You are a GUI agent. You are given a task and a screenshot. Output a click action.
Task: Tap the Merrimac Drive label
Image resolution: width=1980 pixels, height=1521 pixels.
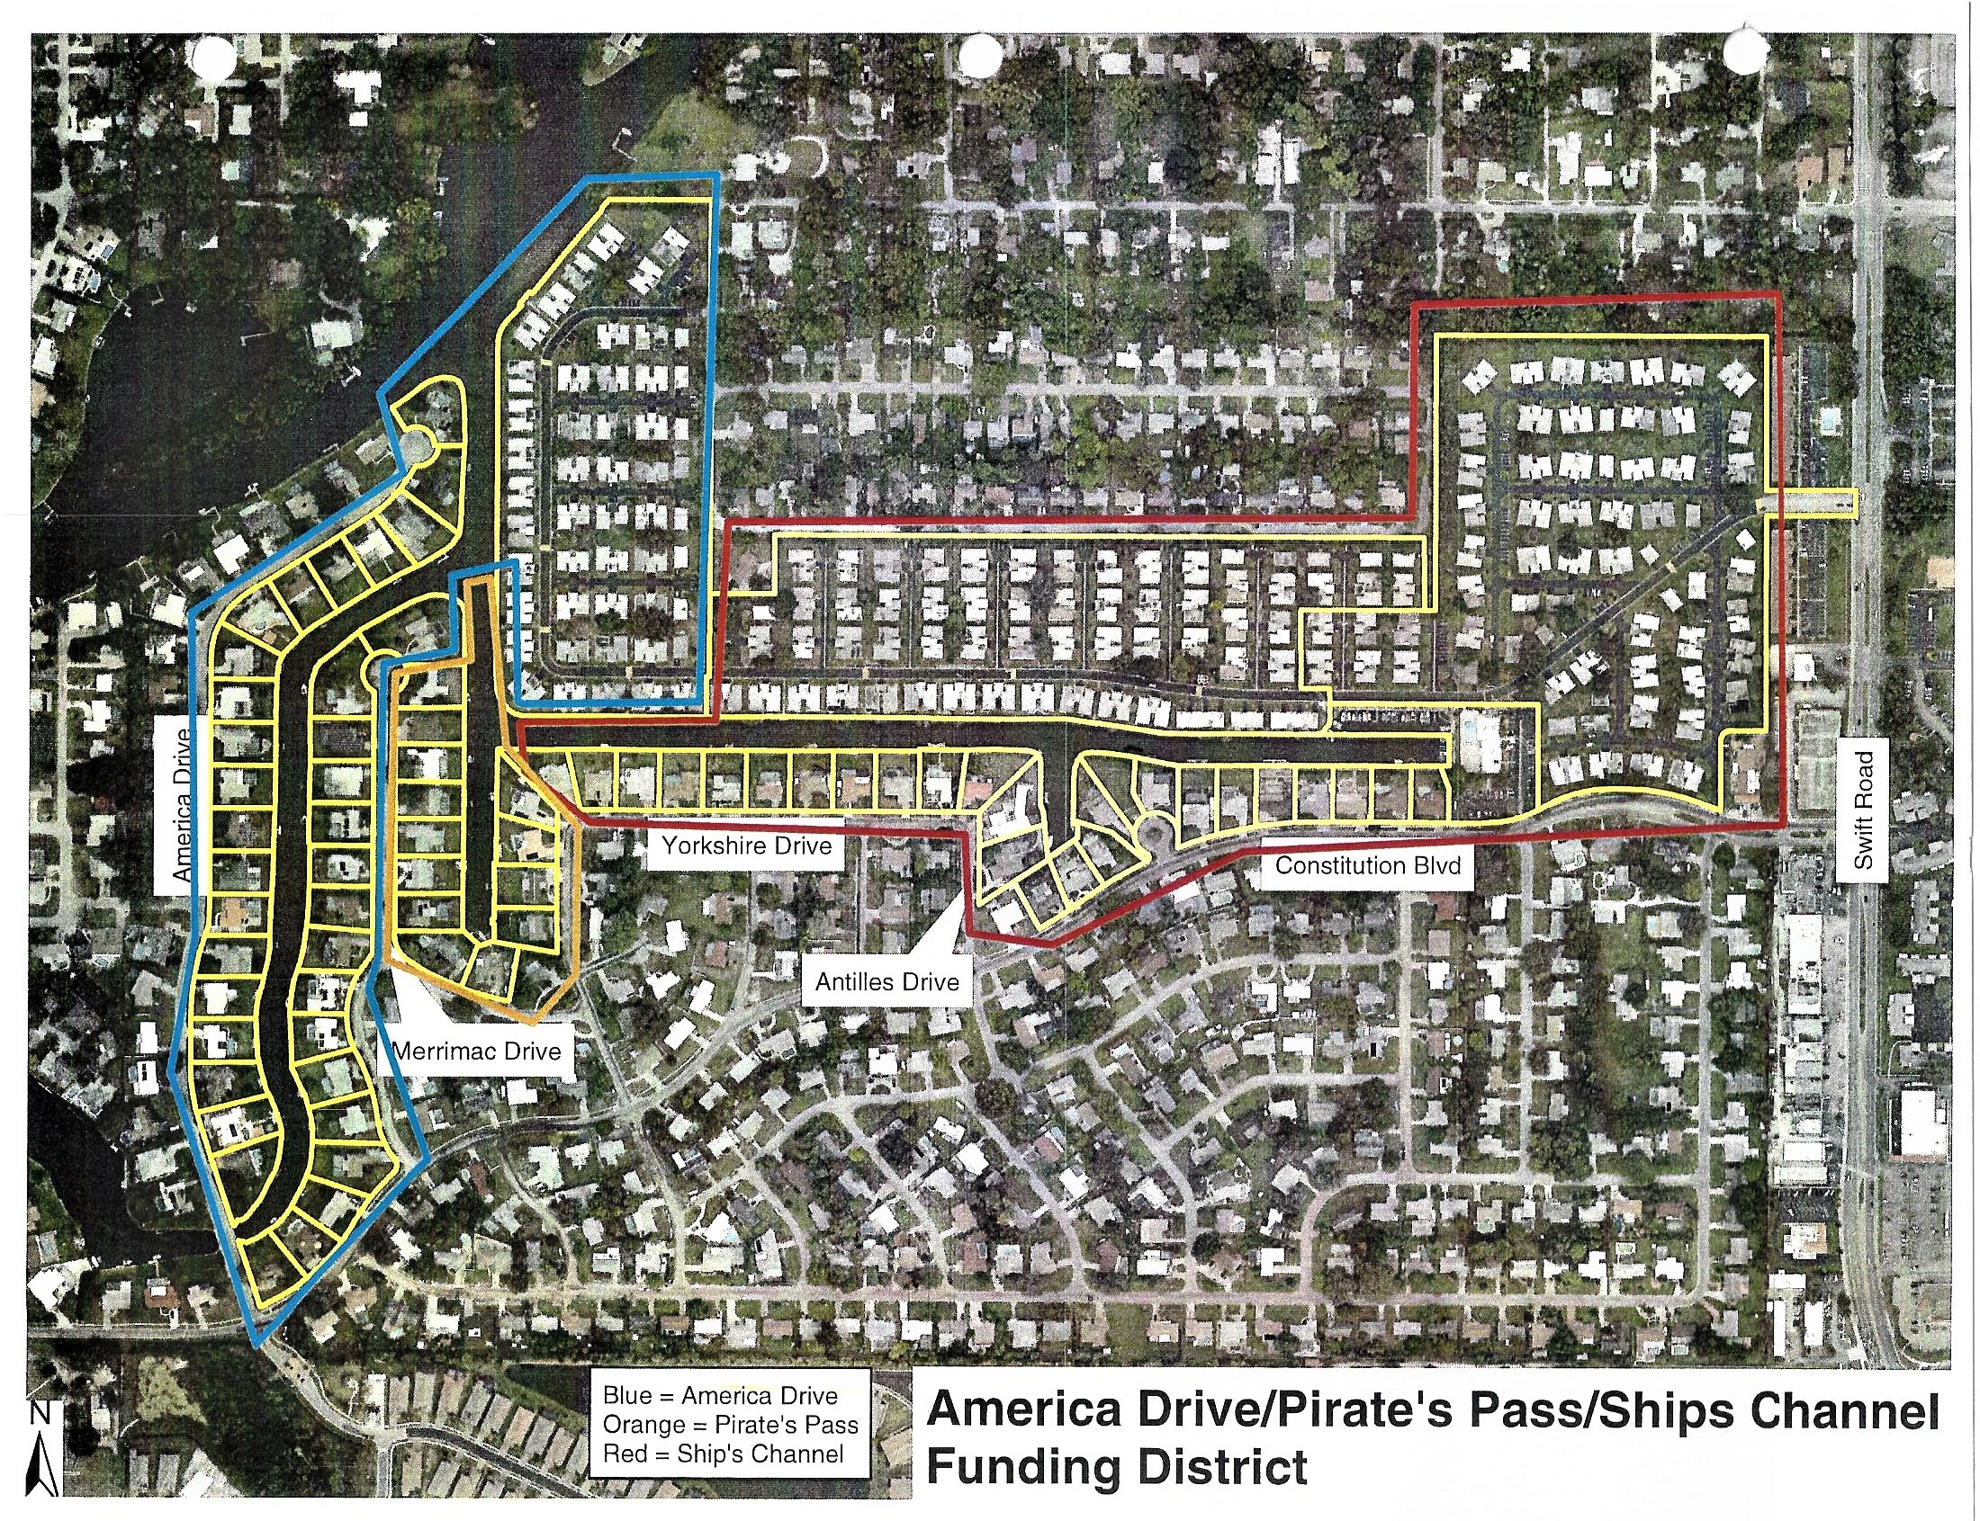tap(476, 1051)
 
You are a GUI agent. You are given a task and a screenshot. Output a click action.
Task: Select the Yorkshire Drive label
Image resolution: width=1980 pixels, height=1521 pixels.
tap(746, 846)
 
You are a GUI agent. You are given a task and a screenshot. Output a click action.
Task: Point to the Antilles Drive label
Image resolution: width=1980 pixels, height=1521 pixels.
tap(886, 982)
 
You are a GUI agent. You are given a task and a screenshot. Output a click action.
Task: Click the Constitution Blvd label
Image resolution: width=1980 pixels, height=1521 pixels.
tap(1368, 865)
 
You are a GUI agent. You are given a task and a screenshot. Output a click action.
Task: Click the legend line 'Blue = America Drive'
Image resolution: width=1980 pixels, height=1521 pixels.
tap(720, 1395)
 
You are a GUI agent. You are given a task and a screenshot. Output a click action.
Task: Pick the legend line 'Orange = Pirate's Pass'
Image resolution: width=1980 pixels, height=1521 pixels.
tap(730, 1425)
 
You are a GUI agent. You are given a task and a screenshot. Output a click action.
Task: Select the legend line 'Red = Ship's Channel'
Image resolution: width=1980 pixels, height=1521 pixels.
tap(723, 1454)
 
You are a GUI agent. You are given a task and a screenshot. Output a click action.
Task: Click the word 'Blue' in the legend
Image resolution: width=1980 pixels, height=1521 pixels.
tap(626, 1395)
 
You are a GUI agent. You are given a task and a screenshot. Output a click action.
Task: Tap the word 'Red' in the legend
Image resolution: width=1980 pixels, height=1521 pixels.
tap(623, 1454)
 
